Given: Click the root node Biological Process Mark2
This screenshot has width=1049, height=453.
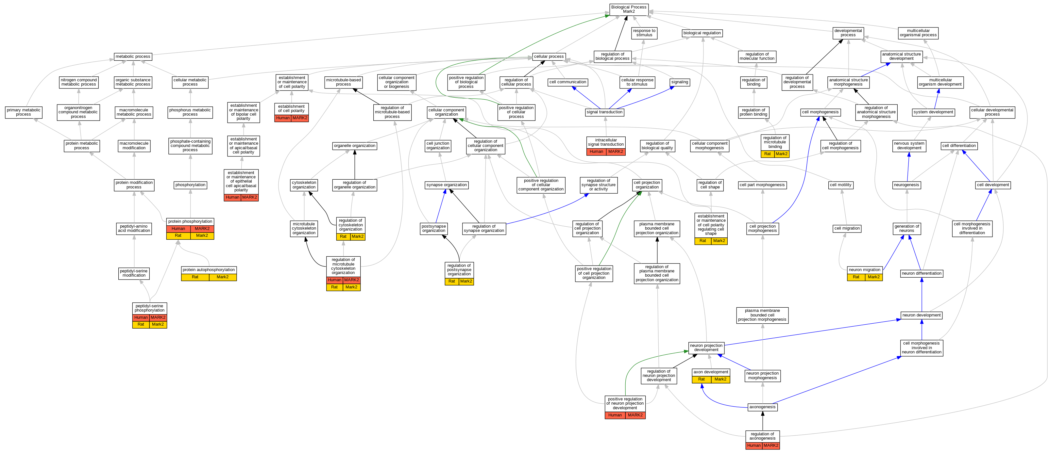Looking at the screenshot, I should pyautogui.click(x=628, y=9).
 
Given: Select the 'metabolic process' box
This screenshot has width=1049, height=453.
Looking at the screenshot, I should pyautogui.click(x=133, y=57).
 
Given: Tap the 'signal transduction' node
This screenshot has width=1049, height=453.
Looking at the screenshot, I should pyautogui.click(x=604, y=112).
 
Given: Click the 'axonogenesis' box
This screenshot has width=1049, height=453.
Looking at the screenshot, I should pyautogui.click(x=762, y=407).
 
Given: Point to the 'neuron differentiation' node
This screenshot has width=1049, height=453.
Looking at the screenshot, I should pyautogui.click(x=922, y=273).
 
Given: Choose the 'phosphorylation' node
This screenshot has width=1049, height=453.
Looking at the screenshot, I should pyautogui.click(x=190, y=185).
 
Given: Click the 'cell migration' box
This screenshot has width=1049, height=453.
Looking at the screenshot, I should pyautogui.click(x=847, y=228).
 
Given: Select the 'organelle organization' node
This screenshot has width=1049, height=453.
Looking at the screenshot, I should pyautogui.click(x=354, y=146).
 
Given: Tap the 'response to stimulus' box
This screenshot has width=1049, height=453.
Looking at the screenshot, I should pyautogui.click(x=644, y=33).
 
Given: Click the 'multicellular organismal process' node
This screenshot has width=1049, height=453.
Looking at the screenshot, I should pyautogui.click(x=918, y=33).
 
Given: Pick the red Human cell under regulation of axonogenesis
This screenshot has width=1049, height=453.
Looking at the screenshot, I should pyautogui.click(x=754, y=446).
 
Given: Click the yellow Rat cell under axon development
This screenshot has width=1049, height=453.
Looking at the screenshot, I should pyautogui.click(x=701, y=379).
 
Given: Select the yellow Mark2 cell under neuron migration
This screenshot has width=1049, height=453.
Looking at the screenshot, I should pyautogui.click(x=873, y=277).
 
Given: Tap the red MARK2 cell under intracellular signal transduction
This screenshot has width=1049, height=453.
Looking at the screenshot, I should pyautogui.click(x=615, y=152).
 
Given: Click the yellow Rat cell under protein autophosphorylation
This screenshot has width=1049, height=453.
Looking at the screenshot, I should pyautogui.click(x=195, y=277).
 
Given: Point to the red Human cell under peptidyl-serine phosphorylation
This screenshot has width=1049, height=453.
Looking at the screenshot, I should pyautogui.click(x=141, y=317).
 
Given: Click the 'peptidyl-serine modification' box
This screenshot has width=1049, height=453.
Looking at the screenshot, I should pyautogui.click(x=134, y=273).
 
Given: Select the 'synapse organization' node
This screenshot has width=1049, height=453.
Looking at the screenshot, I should pyautogui.click(x=446, y=185).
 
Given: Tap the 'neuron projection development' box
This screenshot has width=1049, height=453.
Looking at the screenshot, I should pyautogui.click(x=706, y=348).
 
